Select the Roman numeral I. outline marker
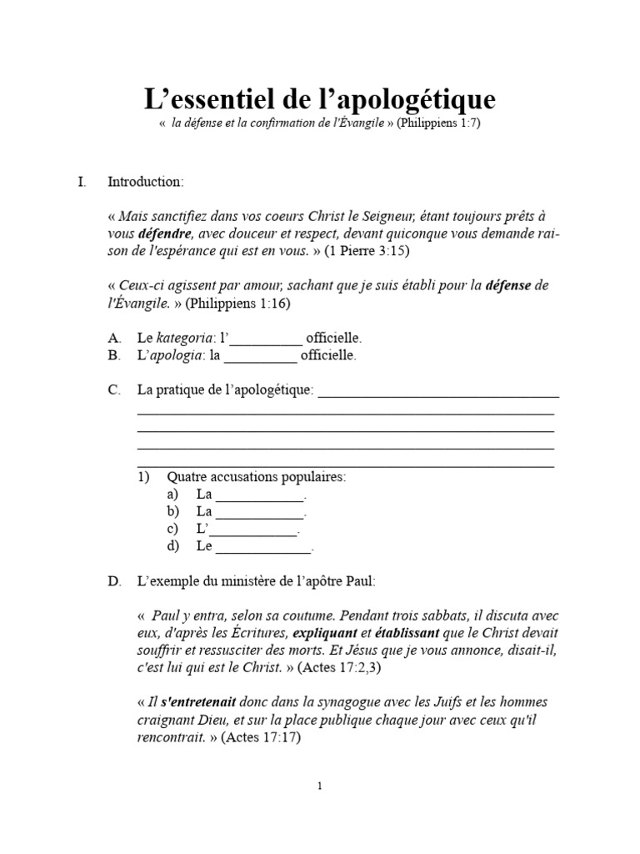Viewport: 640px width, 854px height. click(82, 182)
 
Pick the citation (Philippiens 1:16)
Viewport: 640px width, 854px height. click(237, 304)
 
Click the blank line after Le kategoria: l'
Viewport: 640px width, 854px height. click(265, 340)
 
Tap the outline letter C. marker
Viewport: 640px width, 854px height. click(115, 391)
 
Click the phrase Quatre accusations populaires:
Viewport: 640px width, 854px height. click(256, 477)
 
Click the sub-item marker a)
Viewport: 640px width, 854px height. click(172, 495)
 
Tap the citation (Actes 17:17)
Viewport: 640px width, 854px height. click(260, 738)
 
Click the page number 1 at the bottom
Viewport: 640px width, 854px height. click(320, 786)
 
